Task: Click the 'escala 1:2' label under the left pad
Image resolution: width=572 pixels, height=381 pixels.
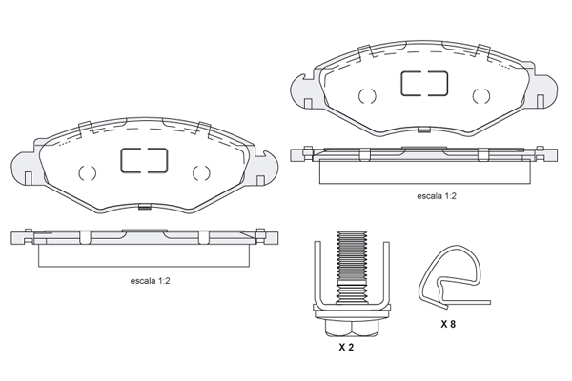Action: (150, 281)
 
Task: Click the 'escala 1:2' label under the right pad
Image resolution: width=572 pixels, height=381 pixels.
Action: (437, 196)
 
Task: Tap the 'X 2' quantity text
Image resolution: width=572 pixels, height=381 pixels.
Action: (346, 347)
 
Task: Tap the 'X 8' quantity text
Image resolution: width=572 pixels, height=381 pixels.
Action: (448, 324)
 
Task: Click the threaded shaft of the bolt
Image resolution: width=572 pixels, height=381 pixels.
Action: (351, 268)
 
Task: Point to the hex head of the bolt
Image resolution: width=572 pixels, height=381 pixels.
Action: (351, 328)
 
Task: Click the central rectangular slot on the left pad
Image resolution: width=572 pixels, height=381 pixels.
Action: (144, 160)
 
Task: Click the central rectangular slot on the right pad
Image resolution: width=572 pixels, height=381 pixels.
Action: (424, 84)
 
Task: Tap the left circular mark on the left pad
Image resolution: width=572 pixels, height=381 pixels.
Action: (87, 172)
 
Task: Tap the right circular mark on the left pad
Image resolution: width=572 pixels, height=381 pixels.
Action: (201, 172)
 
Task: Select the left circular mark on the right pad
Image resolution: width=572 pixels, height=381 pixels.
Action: (367, 96)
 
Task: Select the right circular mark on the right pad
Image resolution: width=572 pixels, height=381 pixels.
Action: (481, 96)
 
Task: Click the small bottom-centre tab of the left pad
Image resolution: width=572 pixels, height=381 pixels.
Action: (145, 207)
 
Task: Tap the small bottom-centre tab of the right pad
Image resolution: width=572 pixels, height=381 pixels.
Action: (424, 130)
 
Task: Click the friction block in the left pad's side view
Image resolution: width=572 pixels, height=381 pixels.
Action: (144, 255)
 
